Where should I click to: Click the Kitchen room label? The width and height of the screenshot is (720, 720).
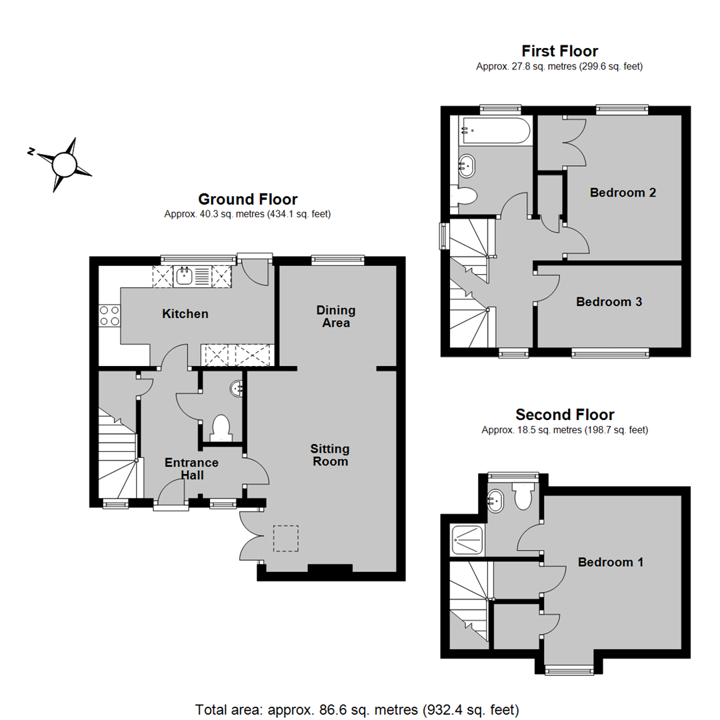(185, 313)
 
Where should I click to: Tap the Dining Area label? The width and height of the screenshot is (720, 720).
(335, 317)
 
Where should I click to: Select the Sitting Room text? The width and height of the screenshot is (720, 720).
(330, 455)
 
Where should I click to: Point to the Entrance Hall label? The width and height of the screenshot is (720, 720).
(191, 469)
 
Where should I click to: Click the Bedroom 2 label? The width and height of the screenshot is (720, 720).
(623, 193)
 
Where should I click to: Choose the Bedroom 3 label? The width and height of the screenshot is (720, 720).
(609, 302)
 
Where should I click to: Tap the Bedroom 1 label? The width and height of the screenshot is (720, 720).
(610, 562)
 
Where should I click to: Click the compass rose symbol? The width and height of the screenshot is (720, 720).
(63, 165)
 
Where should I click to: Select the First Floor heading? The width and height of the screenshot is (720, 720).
(560, 51)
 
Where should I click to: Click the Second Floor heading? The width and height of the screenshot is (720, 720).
(565, 415)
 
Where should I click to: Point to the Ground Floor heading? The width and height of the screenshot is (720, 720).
(247, 199)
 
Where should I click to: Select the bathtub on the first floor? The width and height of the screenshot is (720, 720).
(496, 131)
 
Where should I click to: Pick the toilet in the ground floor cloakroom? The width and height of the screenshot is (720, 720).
(221, 429)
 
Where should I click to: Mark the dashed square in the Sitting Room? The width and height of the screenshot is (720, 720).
(286, 538)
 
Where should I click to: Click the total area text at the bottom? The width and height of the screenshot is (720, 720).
(357, 710)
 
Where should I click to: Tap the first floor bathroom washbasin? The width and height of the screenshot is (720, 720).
(467, 166)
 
